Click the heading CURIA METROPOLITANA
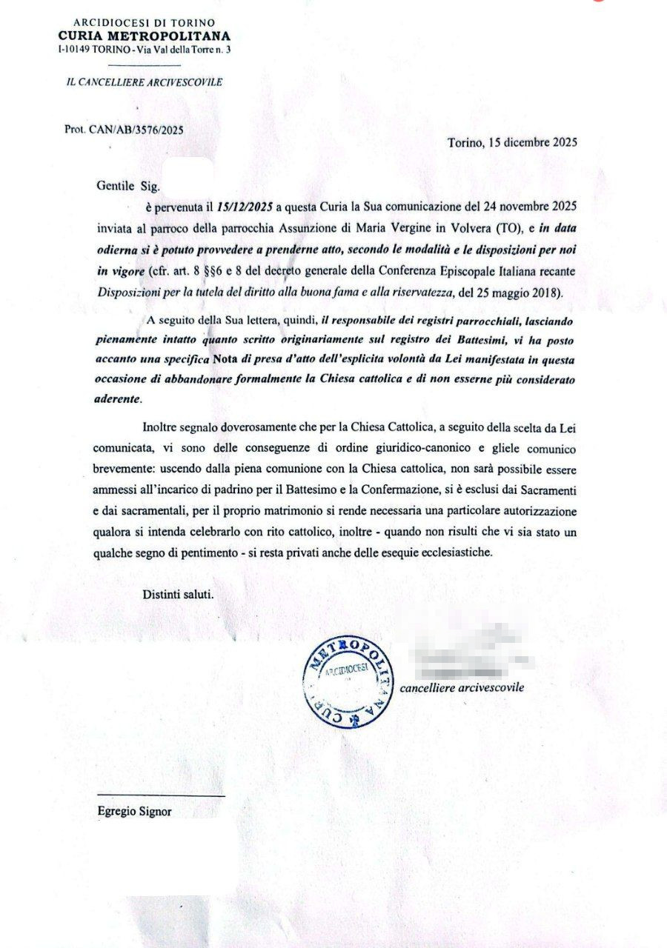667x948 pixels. point(145,36)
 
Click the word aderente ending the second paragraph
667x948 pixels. point(119,398)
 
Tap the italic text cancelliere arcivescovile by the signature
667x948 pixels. point(462,687)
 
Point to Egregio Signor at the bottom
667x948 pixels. point(134,811)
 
